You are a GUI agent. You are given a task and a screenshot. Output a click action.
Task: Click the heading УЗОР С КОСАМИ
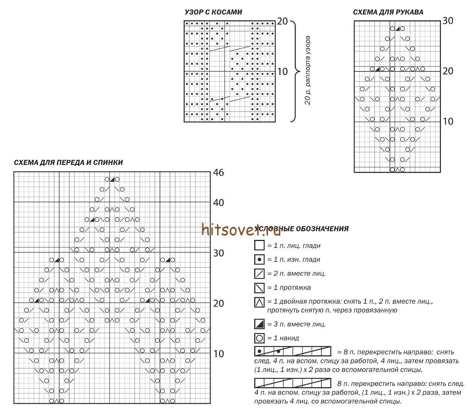point(213,12)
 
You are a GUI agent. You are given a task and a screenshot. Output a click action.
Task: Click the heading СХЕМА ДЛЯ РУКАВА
point(388,12)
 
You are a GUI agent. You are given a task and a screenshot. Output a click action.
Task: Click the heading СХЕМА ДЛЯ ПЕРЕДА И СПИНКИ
point(68,163)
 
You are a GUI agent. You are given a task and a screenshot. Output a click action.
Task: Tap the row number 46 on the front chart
point(218,173)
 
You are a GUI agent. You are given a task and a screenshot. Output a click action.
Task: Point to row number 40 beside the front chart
point(218,203)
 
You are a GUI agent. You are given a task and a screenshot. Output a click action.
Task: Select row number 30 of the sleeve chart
point(448,21)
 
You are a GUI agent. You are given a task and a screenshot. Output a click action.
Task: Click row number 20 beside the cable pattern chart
point(282,21)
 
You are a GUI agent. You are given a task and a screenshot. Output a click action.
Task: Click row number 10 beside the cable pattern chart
point(282,72)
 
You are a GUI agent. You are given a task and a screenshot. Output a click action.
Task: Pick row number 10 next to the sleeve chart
point(448,121)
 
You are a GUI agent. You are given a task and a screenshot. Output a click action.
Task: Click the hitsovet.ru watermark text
point(241,229)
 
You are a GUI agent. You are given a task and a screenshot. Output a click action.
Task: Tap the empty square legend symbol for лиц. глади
point(259,245)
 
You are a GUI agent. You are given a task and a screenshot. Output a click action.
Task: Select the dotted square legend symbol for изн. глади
point(259,260)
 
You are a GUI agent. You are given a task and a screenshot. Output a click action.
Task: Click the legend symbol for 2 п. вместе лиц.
point(259,274)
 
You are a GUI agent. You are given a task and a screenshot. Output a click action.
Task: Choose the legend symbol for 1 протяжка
point(259,288)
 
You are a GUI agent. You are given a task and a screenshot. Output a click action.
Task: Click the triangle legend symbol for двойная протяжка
point(259,303)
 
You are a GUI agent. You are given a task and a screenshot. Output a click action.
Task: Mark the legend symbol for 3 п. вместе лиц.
point(259,324)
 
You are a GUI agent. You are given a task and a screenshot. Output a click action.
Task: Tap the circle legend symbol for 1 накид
point(259,338)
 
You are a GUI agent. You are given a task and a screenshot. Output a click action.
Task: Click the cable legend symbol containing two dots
point(292,351)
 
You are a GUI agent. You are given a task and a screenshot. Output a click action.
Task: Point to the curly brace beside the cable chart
point(296,71)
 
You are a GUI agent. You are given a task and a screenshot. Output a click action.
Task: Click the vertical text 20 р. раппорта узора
point(308,71)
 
